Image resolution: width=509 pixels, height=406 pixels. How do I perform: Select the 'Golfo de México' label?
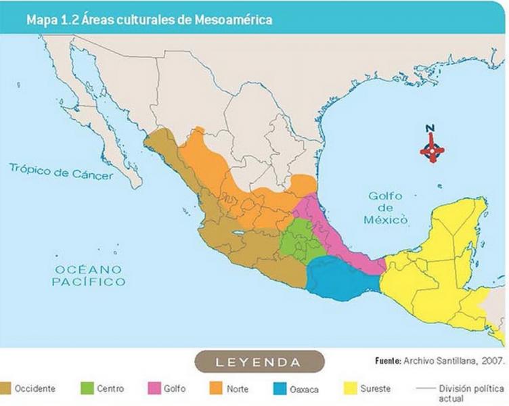point(386,208)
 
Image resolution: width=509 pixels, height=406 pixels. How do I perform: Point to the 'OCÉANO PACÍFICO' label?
point(89,275)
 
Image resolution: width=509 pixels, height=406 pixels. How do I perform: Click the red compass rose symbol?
point(432,150)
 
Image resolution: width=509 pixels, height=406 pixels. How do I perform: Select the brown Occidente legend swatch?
point(6,389)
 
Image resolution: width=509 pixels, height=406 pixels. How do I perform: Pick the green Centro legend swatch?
point(86,389)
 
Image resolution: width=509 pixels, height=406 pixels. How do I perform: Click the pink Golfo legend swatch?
point(152,389)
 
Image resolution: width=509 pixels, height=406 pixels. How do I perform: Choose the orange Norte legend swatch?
point(217,389)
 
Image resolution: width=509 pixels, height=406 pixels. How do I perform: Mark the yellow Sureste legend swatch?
point(351,389)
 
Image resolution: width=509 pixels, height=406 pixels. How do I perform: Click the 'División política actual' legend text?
point(467,393)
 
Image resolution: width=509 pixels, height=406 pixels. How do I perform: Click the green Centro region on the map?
point(298,240)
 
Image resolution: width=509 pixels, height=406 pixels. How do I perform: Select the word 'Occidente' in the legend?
point(35,389)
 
